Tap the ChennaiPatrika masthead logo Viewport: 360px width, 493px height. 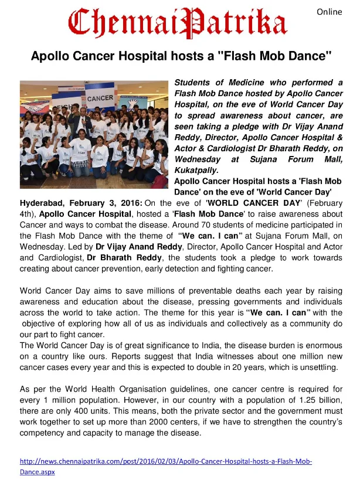point(178,22)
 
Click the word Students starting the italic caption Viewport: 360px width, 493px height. point(193,83)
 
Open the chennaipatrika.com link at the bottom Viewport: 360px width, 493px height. point(166,461)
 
